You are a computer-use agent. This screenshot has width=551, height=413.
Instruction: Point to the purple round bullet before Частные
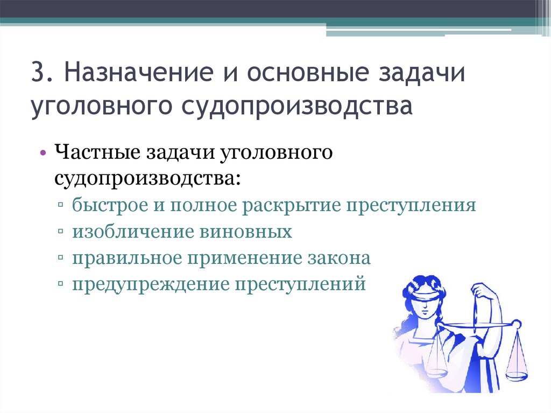[x=43, y=153]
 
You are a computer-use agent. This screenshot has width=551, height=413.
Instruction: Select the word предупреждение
[x=149, y=284]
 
